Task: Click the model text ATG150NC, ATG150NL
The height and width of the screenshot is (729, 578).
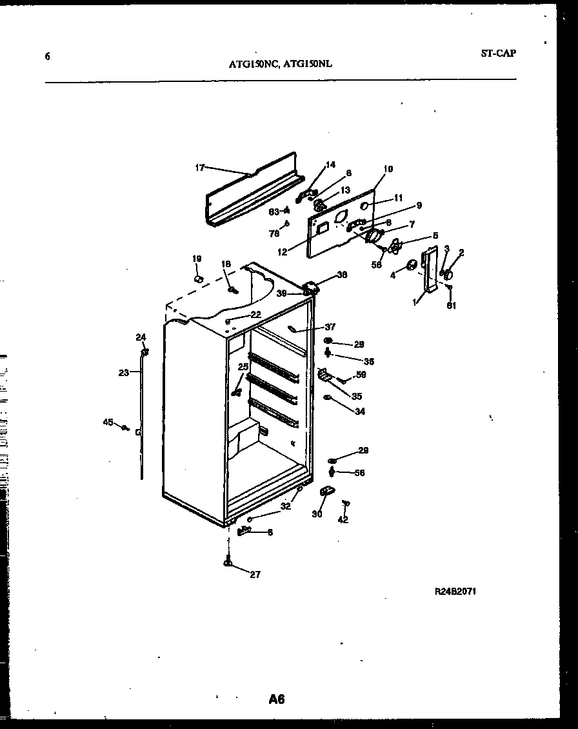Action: pos(281,64)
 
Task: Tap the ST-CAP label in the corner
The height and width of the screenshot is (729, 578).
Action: pos(498,54)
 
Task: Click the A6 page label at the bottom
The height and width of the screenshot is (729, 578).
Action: pos(277,699)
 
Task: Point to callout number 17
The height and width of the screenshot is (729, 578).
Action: pos(199,168)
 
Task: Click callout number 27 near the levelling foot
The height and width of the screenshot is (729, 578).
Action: pos(255,574)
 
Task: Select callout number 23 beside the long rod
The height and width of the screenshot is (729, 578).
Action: pos(124,372)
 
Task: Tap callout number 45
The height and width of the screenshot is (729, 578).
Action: pos(108,423)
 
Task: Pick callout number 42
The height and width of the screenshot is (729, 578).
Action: pos(343,520)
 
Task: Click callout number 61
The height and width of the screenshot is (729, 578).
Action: pos(451,306)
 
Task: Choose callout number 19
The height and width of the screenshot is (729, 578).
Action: pos(197,259)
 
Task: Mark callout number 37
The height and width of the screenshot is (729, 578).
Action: pos(330,327)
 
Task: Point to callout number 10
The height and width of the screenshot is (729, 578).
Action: pos(388,170)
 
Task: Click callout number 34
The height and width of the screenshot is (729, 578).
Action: pos(359,411)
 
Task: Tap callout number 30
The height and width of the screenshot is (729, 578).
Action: pos(317,514)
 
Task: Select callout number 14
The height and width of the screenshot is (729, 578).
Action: pos(330,165)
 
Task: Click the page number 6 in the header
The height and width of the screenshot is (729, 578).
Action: pos(47,56)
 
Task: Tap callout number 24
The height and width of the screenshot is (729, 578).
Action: pos(141,337)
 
